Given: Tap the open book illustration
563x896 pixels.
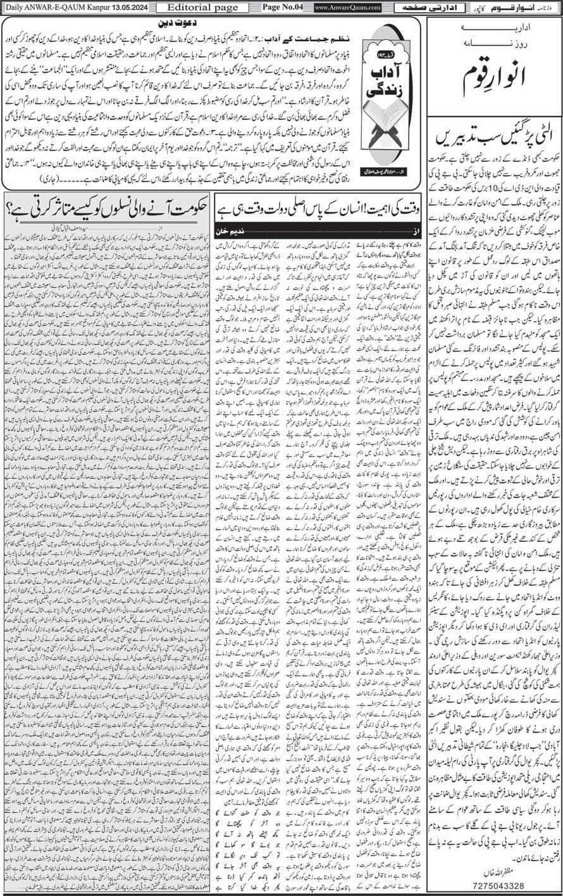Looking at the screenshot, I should pyautogui.click(x=385, y=130).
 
